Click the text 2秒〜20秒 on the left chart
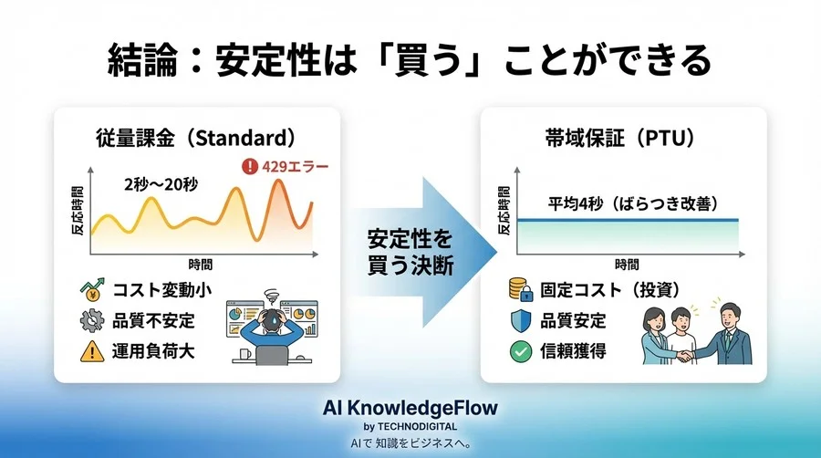(161, 183)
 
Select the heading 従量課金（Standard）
(196, 138)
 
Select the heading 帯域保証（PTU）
(623, 138)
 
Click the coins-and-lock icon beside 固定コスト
(519, 290)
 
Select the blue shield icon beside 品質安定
(519, 321)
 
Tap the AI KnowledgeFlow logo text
(410, 407)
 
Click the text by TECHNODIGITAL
(410, 425)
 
